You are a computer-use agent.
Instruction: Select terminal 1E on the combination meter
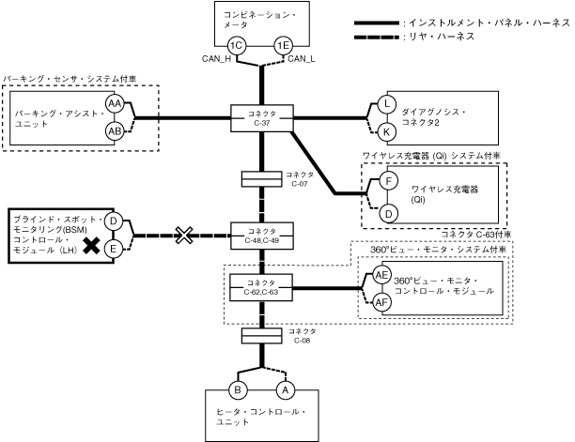coord(282,46)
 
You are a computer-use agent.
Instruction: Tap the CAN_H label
coord(218,60)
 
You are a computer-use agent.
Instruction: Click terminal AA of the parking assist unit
coord(115,102)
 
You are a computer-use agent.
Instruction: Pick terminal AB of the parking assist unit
coord(115,131)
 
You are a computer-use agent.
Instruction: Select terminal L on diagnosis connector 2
coord(387,103)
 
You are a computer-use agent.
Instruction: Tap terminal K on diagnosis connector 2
coord(387,131)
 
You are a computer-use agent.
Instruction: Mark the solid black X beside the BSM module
coord(91,246)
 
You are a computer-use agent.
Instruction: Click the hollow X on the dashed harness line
coord(185,233)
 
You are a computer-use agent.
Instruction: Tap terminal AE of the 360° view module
coord(381,275)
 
